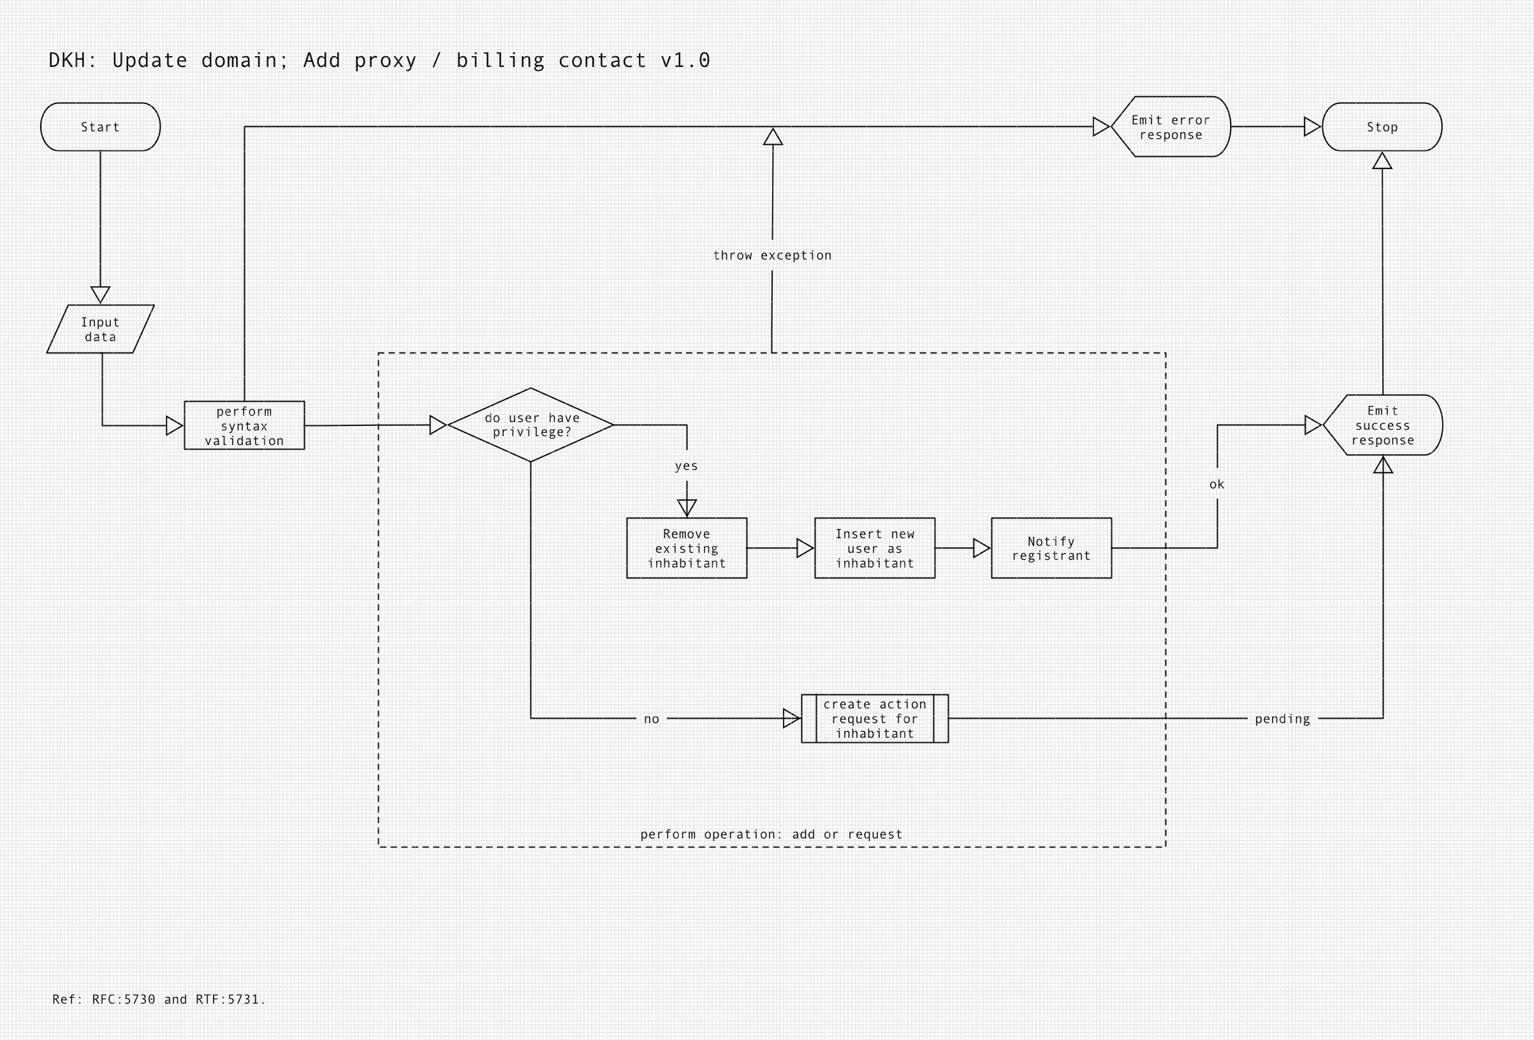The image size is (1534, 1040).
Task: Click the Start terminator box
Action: [100, 127]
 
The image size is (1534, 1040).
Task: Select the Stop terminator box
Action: [1382, 127]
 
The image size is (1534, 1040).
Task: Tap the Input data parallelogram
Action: [100, 329]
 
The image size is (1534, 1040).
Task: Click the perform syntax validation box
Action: [244, 425]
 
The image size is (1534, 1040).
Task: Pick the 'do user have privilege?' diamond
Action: [530, 425]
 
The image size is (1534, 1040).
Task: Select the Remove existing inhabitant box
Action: [687, 548]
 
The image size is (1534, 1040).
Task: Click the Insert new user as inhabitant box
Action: [875, 548]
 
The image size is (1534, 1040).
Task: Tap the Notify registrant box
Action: [1051, 548]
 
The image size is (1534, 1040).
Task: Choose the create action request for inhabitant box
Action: [875, 719]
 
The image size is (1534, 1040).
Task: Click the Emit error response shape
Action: [1171, 127]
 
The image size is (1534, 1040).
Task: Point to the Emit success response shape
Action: [1382, 425]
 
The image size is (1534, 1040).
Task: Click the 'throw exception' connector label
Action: [772, 256]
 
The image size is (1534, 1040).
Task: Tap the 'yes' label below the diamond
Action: [687, 466]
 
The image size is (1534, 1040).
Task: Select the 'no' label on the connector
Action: [652, 719]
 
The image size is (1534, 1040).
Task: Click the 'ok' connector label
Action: [1216, 485]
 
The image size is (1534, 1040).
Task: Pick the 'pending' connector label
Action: [1282, 719]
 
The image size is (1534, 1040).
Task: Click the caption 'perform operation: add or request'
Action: [771, 834]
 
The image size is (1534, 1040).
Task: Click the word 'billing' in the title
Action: [500, 60]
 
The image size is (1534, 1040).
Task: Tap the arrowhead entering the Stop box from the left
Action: [1311, 127]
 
